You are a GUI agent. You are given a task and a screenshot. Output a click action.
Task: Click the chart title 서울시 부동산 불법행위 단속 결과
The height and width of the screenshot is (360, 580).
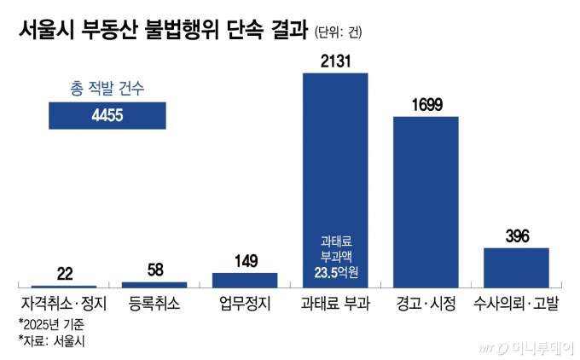click(157, 32)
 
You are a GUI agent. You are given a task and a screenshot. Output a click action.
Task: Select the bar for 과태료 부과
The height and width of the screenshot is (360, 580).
click(335, 171)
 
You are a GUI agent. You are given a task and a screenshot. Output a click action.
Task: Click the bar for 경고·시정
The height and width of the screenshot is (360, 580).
click(426, 200)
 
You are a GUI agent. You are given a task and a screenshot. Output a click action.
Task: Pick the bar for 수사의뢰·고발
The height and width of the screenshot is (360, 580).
click(516, 267)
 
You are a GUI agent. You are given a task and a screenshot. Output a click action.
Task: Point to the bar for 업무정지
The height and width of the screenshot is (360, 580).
click(245, 280)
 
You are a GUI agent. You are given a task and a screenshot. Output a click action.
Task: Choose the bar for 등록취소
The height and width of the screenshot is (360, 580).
click(154, 283)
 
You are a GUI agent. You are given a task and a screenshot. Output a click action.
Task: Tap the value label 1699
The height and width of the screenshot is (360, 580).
click(426, 104)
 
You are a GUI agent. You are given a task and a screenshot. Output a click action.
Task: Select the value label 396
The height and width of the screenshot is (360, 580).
click(516, 235)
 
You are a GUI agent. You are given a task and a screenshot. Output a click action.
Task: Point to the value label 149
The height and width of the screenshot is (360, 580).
click(245, 261)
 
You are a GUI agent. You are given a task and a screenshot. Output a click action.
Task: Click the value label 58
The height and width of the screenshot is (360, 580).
click(154, 270)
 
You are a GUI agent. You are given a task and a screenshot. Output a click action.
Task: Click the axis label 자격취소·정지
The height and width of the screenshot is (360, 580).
click(64, 304)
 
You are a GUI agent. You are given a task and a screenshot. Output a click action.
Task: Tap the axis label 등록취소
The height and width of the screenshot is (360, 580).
click(154, 304)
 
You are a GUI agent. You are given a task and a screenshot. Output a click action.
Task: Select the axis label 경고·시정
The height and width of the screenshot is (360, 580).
click(426, 304)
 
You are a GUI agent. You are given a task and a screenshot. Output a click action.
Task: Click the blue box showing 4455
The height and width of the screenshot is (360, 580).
click(107, 116)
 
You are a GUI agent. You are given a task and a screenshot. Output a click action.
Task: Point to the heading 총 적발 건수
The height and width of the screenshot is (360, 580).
click(107, 87)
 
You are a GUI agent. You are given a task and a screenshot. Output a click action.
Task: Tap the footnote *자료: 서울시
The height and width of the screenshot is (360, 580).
click(51, 341)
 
